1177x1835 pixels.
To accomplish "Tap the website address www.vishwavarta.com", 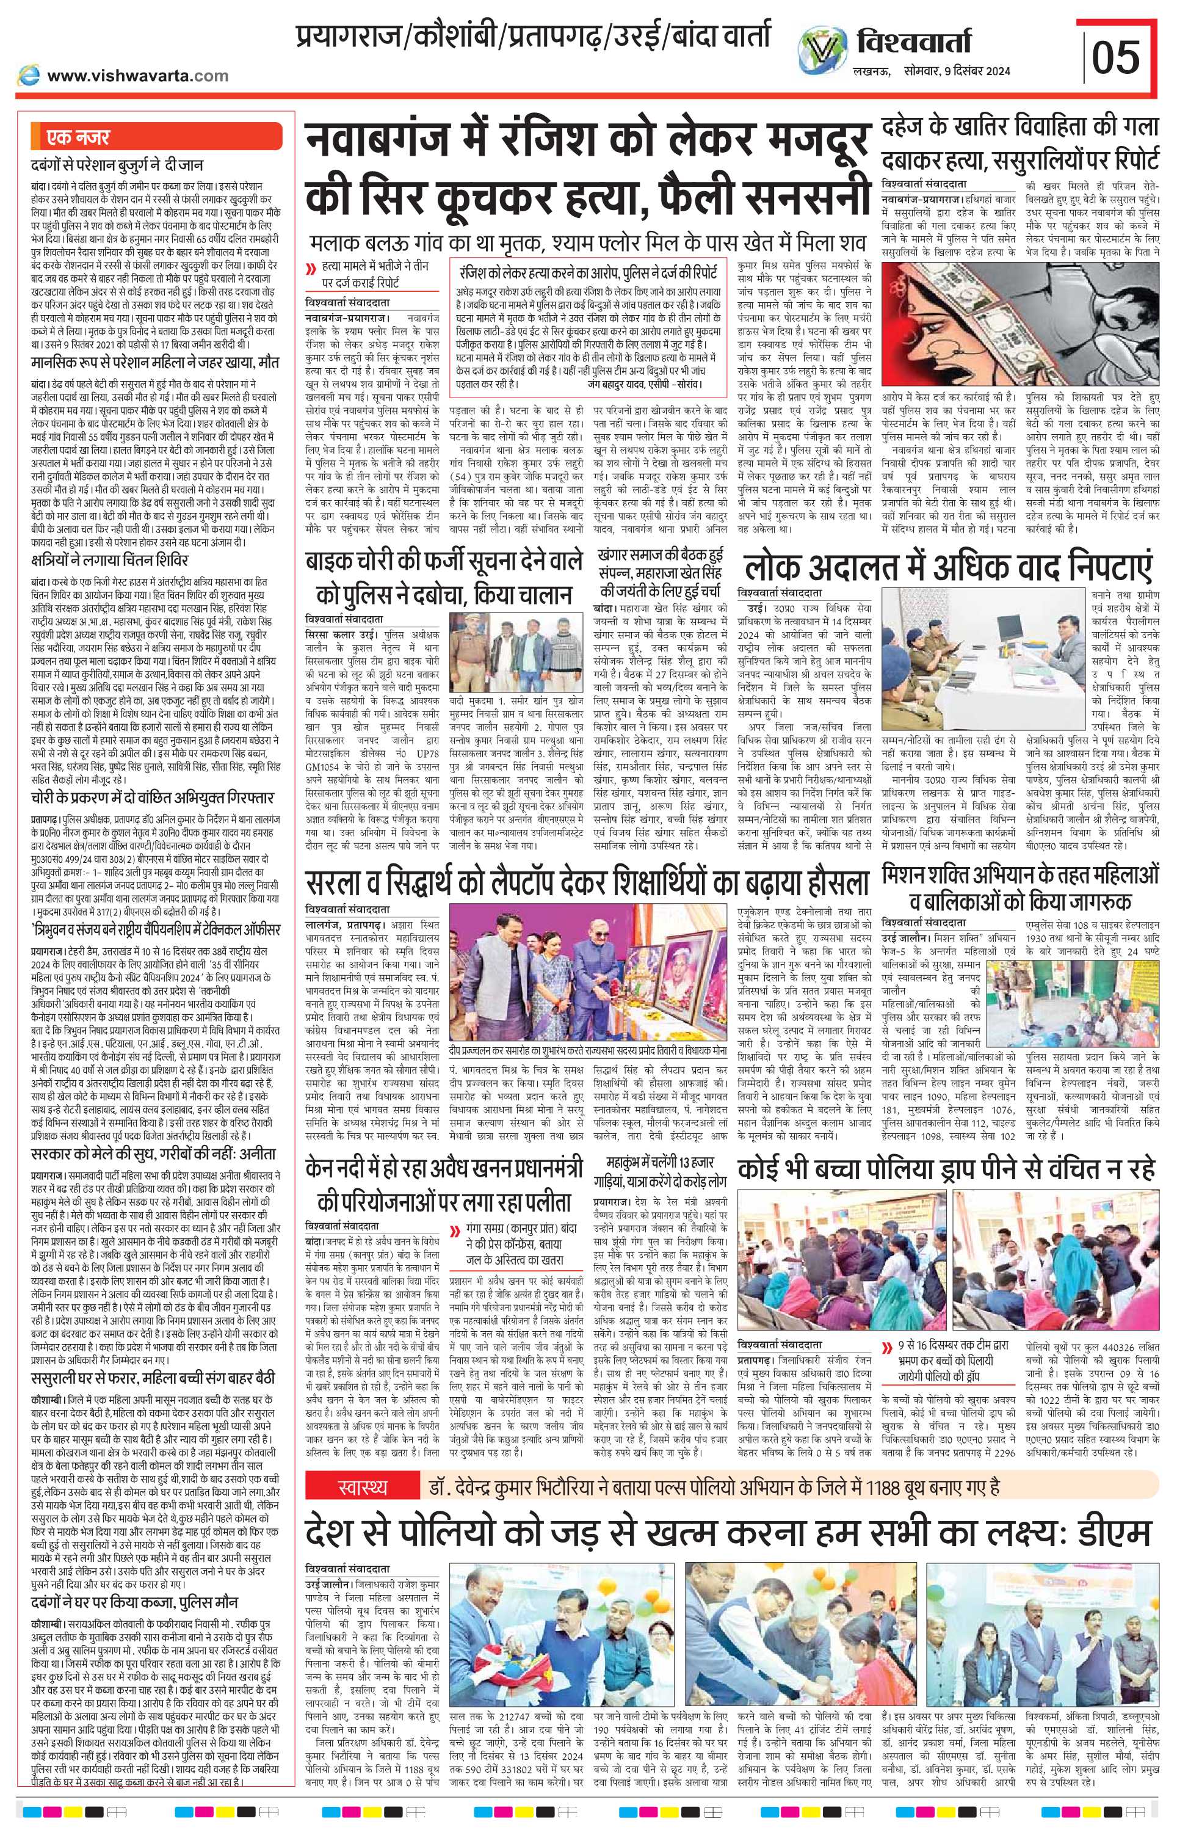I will [137, 76].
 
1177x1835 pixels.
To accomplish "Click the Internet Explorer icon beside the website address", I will [29, 75].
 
